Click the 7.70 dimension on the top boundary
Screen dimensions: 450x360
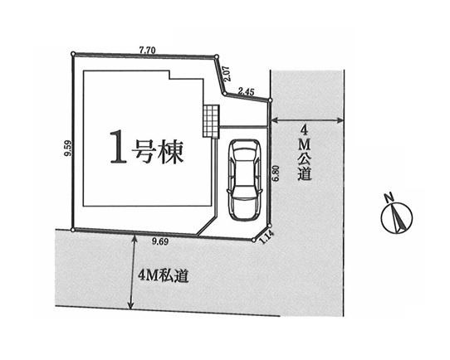[147, 51]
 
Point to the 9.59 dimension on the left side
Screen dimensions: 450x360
[68, 148]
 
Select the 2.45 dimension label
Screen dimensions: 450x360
[247, 92]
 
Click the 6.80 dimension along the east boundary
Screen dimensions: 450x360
[276, 173]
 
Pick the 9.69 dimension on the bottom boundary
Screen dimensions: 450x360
[160, 242]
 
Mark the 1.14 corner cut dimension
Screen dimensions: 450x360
[267, 237]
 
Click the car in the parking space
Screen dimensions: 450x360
[244, 180]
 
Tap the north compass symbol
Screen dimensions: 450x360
[397, 216]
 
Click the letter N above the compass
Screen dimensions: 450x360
[389, 197]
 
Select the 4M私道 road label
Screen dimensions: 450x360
[164, 275]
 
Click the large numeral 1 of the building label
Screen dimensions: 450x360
[118, 147]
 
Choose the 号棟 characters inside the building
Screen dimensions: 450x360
[157, 151]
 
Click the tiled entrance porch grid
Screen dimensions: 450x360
[211, 121]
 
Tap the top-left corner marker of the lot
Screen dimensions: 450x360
[73, 54]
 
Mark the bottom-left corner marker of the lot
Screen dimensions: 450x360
[73, 230]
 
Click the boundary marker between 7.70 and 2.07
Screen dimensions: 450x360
[217, 56]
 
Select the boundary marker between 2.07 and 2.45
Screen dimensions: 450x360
[225, 94]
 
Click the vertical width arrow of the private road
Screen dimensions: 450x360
[131, 271]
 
